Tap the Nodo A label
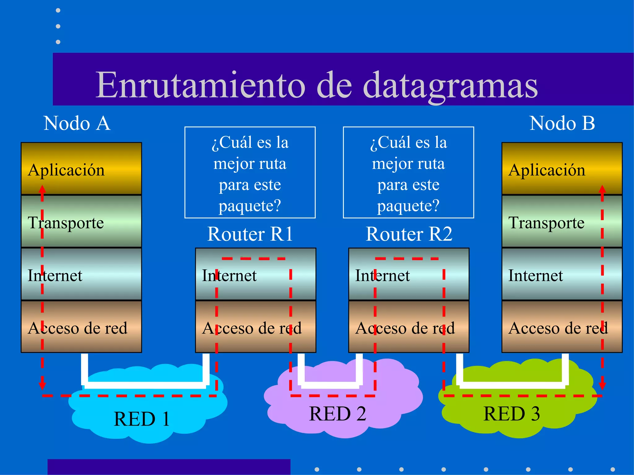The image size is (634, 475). [77, 123]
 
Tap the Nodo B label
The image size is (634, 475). [562, 123]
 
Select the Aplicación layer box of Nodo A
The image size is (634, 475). [81, 169]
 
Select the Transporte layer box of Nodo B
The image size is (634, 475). [562, 221]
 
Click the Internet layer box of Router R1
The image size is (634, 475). [255, 274]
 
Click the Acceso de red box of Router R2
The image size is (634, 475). [409, 327]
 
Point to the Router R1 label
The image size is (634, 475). [250, 234]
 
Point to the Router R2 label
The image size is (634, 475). [409, 234]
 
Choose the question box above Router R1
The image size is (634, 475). [250, 173]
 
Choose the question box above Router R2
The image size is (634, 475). [409, 173]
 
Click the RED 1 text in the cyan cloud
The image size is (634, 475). [142, 419]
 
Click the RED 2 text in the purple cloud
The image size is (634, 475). [337, 414]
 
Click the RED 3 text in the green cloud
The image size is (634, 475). [511, 414]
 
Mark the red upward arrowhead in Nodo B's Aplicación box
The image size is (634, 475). [602, 189]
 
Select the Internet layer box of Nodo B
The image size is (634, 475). [562, 274]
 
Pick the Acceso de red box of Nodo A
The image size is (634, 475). [81, 327]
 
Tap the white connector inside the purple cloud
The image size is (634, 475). [330, 385]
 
